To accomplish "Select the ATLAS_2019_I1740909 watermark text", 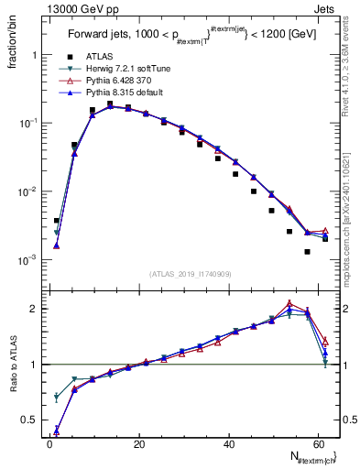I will click(190, 274).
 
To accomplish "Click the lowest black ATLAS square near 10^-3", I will click(307, 251).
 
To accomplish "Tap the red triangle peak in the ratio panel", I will click(289, 303).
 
